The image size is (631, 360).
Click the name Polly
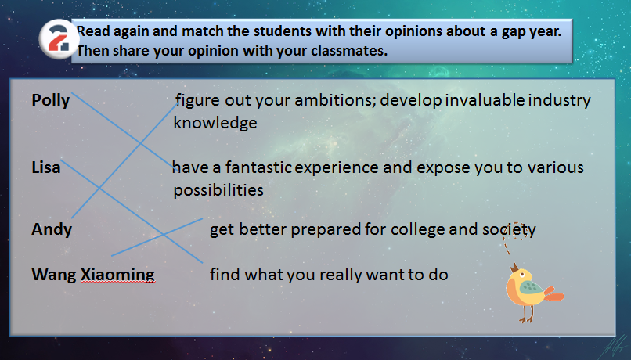pyautogui.click(x=51, y=100)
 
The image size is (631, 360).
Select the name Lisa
pyautogui.click(x=46, y=167)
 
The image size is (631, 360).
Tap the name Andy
pyautogui.click(x=52, y=229)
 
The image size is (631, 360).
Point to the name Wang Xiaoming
pyautogui.click(x=93, y=275)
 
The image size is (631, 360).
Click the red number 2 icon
pyautogui.click(x=59, y=39)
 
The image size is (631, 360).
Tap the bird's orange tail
pyautogui.click(x=554, y=294)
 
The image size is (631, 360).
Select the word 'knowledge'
pyautogui.click(x=215, y=123)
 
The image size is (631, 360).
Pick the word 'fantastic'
pyautogui.click(x=258, y=167)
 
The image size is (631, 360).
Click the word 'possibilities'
pyautogui.click(x=218, y=190)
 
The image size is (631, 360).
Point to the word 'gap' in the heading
pyautogui.click(x=514, y=32)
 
